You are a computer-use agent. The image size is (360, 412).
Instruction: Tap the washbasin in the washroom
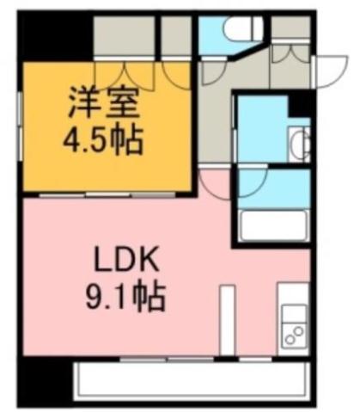pos(298,143)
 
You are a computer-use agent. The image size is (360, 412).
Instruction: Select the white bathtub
pos(274,225)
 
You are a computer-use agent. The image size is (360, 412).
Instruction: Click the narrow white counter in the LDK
pos(227,320)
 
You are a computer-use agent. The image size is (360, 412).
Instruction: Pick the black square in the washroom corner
pos(300,104)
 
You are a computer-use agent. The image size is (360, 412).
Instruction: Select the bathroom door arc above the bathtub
pos(251,183)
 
